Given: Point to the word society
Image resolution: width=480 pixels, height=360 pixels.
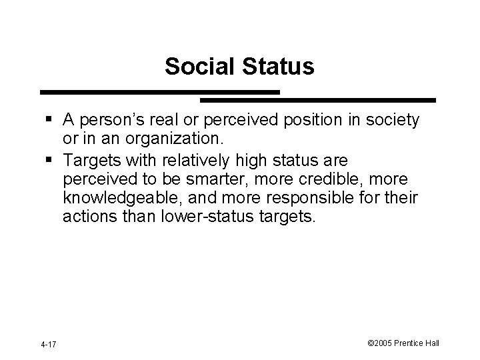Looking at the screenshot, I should point(387,120).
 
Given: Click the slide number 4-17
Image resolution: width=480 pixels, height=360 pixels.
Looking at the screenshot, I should point(48,344).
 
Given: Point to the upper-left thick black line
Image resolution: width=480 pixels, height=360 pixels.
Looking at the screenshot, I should point(160,92).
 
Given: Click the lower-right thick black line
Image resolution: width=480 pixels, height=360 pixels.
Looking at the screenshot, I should point(318,100).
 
